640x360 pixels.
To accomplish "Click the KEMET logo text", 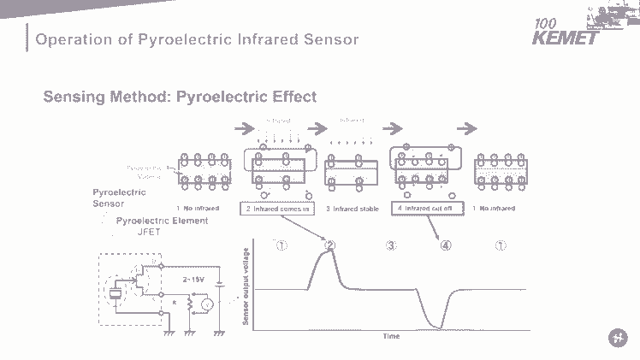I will coord(560,38).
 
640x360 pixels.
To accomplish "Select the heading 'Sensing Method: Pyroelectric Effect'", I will coord(180,97).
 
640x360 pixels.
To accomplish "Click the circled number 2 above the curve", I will coord(330,245).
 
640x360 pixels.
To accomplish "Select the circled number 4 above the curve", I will coord(445,245).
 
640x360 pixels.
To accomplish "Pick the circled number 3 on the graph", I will coord(390,245).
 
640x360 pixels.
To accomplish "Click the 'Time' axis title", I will coord(391,336).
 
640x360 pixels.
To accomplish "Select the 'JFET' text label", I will coord(151,231).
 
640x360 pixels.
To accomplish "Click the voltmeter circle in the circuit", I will coord(205,304).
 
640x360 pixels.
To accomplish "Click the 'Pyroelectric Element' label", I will coord(162,221).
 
